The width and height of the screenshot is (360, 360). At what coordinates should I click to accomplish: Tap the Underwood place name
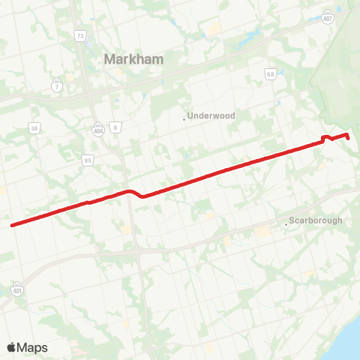point(211,116)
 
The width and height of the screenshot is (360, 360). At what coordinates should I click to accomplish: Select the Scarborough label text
point(316,220)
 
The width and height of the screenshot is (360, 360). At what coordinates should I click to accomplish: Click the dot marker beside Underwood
point(184,117)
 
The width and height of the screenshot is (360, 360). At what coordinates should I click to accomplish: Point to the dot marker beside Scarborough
point(286,223)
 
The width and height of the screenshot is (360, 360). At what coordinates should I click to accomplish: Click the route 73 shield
point(80,35)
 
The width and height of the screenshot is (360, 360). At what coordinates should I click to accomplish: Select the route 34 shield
point(34,129)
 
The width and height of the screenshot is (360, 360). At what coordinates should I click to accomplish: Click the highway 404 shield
point(98,127)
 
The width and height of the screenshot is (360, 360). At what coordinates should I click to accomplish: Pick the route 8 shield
point(116,127)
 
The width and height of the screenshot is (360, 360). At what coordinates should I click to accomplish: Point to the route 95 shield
point(88,159)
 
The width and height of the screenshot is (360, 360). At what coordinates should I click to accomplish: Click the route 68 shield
point(270,73)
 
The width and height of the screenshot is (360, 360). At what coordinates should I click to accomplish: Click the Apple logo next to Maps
point(11,347)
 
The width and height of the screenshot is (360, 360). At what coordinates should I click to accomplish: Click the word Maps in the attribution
point(32,347)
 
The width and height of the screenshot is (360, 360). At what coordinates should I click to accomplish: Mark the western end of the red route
point(11,224)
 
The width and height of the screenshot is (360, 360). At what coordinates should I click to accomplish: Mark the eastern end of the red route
point(349,137)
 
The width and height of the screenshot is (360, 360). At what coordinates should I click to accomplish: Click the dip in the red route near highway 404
point(142,196)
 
